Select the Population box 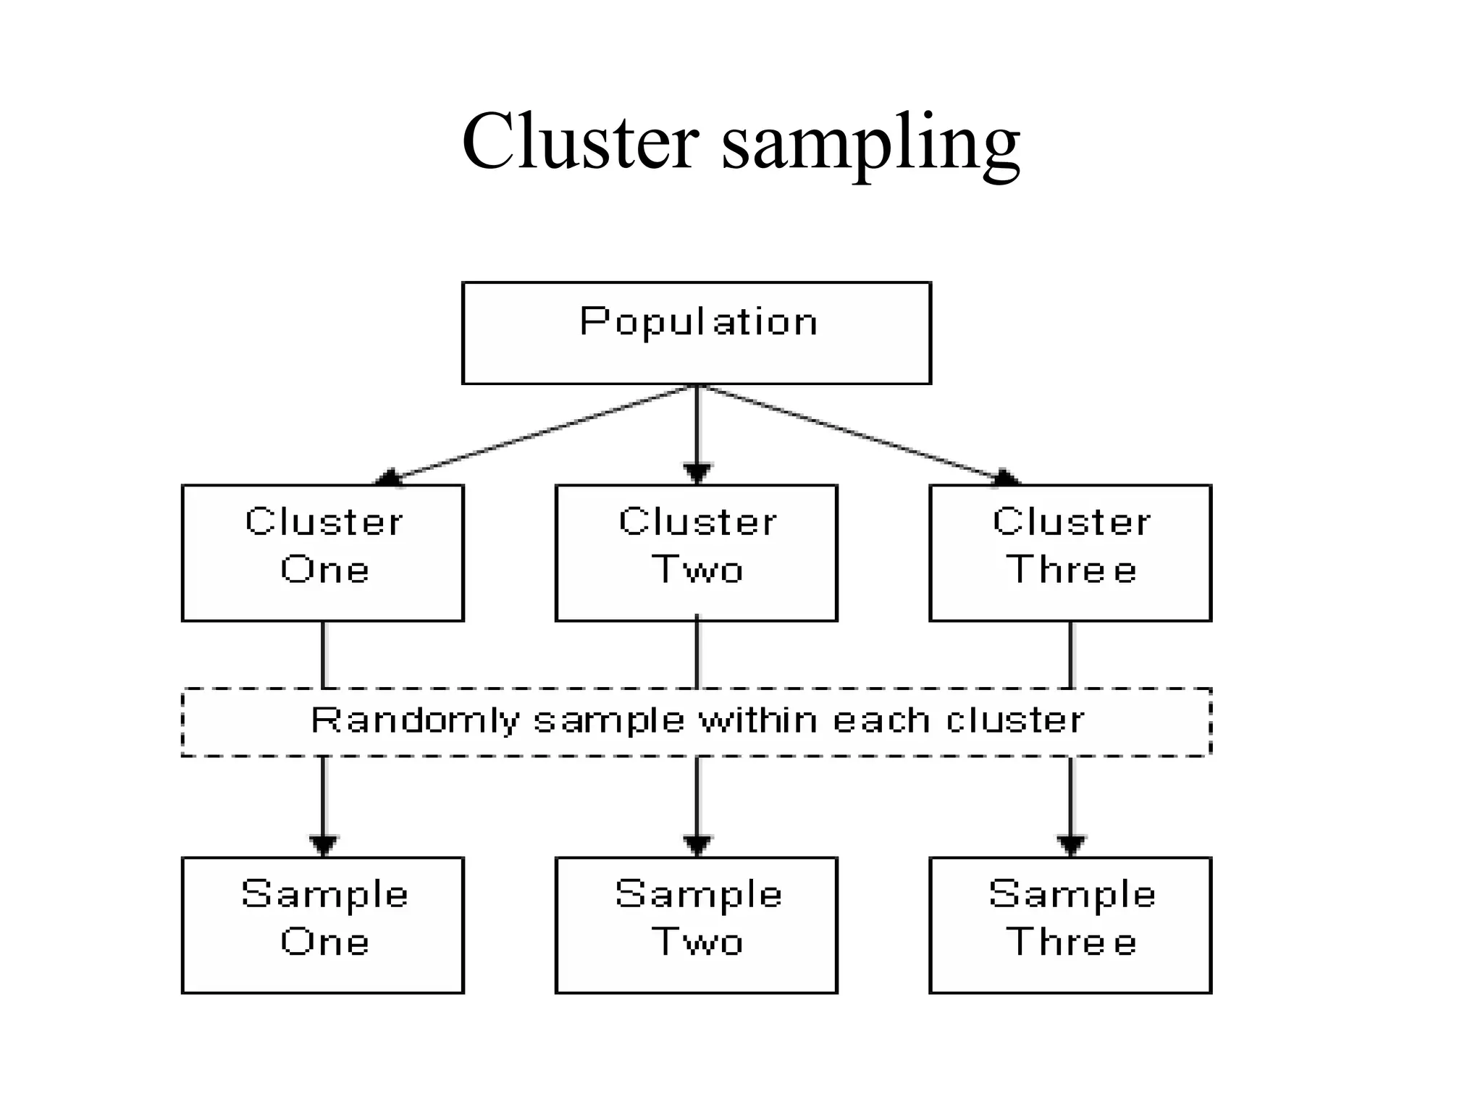coord(696,333)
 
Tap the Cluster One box coord(323,552)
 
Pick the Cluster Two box coord(696,552)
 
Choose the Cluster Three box coord(1070,552)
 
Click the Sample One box coord(323,925)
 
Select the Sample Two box coord(696,925)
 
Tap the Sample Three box coord(1070,925)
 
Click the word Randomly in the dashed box coord(415,721)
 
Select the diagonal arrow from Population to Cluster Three coord(854,434)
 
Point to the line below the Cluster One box coord(323,654)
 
